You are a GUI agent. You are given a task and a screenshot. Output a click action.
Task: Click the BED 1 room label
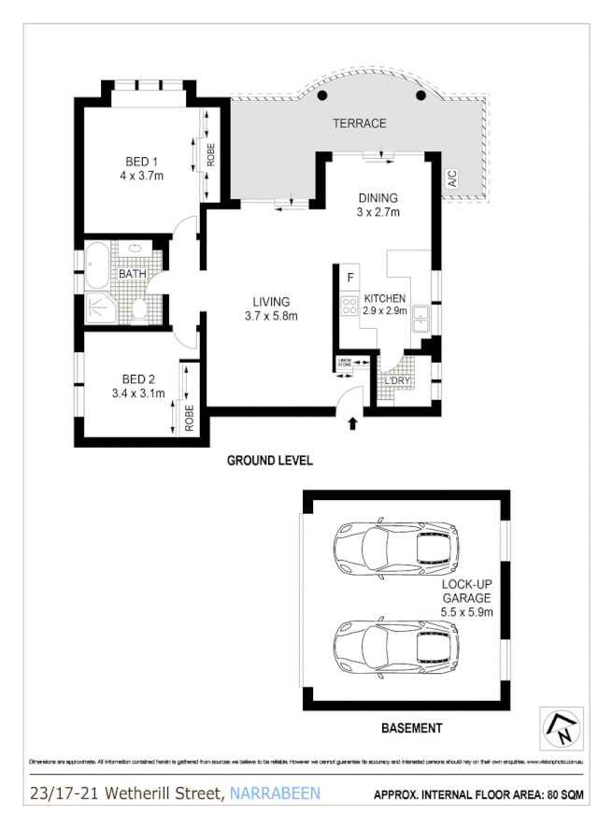click(x=142, y=159)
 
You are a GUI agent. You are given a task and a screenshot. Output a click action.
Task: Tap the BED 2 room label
click(x=137, y=379)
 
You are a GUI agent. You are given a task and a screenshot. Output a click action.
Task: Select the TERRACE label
click(x=359, y=123)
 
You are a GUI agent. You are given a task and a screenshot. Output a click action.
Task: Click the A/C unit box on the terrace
click(x=452, y=176)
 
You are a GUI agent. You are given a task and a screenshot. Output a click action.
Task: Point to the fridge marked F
click(x=349, y=278)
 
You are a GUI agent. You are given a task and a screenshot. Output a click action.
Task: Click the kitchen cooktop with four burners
click(x=349, y=306)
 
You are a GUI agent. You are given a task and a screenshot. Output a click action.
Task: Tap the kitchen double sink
click(x=422, y=316)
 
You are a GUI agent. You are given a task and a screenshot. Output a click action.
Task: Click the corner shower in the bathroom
click(x=99, y=308)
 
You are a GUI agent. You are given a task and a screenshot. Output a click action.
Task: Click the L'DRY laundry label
click(x=397, y=381)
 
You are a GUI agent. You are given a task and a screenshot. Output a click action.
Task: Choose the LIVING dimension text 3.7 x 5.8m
click(x=271, y=316)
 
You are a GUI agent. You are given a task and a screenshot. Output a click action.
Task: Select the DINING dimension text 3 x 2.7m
click(x=378, y=212)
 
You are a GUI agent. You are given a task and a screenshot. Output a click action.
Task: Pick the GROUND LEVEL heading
click(x=271, y=461)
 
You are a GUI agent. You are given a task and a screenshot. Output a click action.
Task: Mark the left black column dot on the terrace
click(x=322, y=95)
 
